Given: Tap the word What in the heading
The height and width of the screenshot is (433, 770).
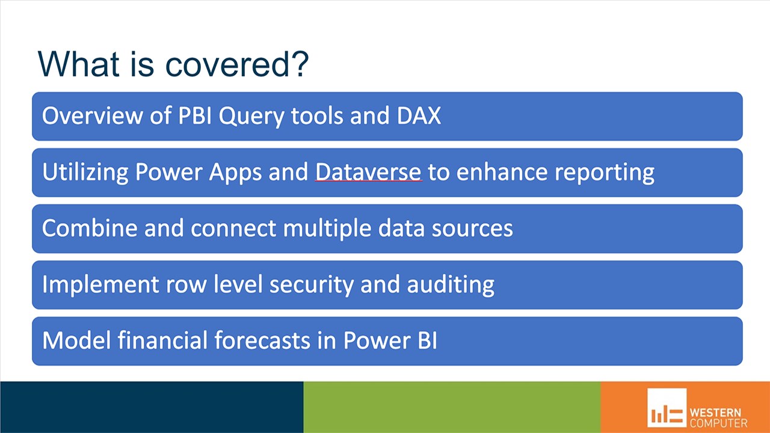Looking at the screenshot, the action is pyautogui.click(x=79, y=64).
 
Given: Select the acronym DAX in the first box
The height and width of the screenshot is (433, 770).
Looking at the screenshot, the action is pyautogui.click(x=419, y=115).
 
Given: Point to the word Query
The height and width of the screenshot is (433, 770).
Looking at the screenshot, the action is pyautogui.click(x=251, y=117).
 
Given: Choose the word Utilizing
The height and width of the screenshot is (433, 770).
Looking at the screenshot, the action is pyautogui.click(x=85, y=173).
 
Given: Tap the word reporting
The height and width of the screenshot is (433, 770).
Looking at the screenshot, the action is pyautogui.click(x=605, y=173).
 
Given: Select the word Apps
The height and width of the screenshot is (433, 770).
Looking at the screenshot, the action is pyautogui.click(x=235, y=173).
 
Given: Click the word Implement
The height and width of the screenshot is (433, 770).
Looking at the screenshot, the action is pyautogui.click(x=100, y=285).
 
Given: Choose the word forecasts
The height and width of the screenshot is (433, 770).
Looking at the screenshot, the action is pyautogui.click(x=262, y=340).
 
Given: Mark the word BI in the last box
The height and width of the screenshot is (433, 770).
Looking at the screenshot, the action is pyautogui.click(x=427, y=340).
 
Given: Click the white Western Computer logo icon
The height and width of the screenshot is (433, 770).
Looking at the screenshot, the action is pyautogui.click(x=667, y=408).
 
